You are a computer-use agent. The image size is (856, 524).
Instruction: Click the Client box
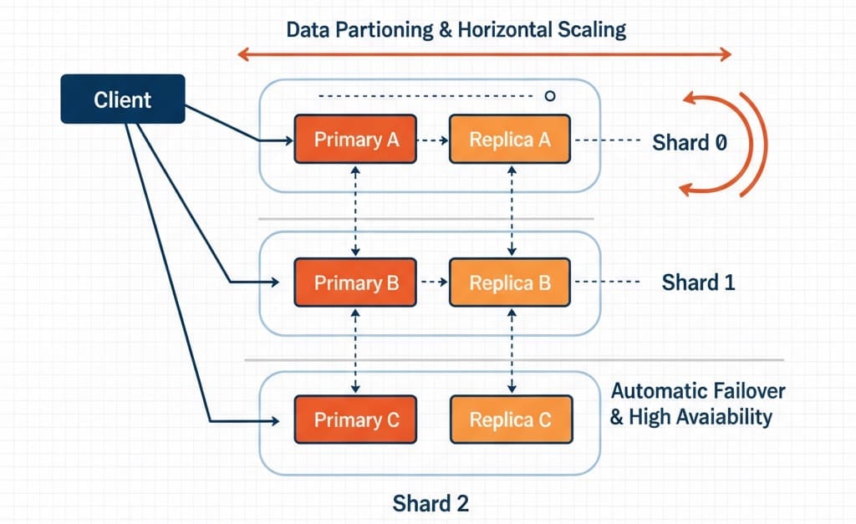[123, 99]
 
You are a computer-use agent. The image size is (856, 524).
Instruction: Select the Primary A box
[356, 140]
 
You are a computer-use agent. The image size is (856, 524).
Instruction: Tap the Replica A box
[510, 140]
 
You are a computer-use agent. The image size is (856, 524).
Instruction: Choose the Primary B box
[356, 283]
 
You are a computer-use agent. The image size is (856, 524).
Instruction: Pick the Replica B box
[510, 283]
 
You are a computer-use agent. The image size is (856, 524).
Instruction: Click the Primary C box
[356, 420]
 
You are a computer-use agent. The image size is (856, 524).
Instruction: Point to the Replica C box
[510, 420]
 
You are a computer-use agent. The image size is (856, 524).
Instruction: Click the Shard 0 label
[689, 142]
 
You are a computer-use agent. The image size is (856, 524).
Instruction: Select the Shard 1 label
[698, 282]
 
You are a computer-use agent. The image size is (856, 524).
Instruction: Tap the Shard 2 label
[431, 503]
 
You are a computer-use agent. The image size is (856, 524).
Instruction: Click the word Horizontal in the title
[504, 31]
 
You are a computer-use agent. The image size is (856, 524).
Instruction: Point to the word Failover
[746, 391]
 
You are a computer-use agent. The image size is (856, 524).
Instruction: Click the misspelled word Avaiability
[723, 417]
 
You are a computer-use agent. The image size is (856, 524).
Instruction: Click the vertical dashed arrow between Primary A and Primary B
[357, 211]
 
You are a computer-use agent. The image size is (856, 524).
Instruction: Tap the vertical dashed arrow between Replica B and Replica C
[511, 350]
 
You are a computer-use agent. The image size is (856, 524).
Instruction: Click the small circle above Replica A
[549, 96]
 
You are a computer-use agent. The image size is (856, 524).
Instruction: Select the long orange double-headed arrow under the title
[484, 55]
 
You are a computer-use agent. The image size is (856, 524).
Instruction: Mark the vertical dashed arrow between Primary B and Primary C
[357, 350]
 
